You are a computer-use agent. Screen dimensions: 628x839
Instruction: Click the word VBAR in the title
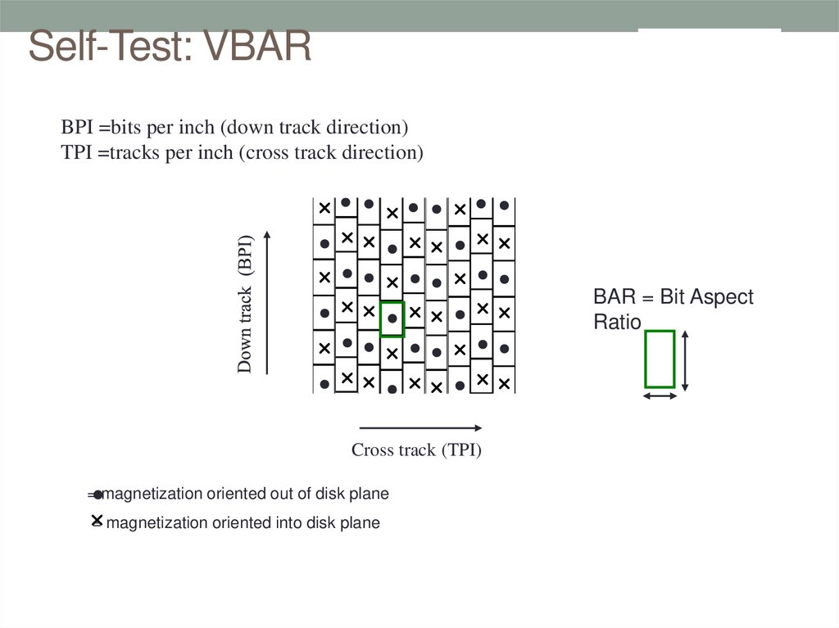coord(258,47)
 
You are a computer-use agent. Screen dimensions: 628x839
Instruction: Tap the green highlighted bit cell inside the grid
coord(392,319)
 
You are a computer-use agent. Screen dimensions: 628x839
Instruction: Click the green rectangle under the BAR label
coord(660,359)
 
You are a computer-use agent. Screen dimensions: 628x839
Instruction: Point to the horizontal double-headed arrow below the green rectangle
coord(660,396)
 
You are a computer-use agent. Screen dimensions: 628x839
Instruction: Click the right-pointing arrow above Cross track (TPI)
coord(420,427)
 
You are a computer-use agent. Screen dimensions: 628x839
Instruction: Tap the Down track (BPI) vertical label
coord(245,304)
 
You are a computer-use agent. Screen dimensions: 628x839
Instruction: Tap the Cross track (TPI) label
coord(416,450)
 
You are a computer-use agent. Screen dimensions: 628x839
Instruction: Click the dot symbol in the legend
coord(98,495)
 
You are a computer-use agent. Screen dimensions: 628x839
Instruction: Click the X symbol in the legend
coord(97,520)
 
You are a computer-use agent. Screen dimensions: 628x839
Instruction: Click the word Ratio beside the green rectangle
coord(617,323)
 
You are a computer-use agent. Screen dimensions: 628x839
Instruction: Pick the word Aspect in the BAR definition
coord(707,297)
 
